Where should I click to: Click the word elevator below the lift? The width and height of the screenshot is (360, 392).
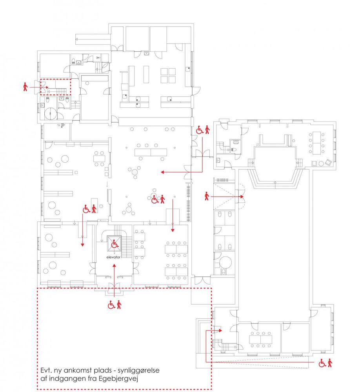pyautogui.click(x=113, y=257)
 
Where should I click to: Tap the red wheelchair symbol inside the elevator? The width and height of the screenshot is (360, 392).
pyautogui.click(x=115, y=244)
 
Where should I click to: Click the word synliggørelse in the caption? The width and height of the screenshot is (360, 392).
pyautogui.click(x=138, y=371)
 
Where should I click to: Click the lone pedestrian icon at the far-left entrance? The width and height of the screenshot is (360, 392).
pyautogui.click(x=25, y=87)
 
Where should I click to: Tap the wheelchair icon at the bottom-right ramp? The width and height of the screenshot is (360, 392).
pyautogui.click(x=322, y=363)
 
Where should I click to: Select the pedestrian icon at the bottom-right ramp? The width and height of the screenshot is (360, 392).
pyautogui.click(x=330, y=363)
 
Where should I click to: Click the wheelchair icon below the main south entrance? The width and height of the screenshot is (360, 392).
pyautogui.click(x=111, y=305)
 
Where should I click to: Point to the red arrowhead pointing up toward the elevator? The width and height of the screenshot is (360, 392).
pyautogui.click(x=115, y=266)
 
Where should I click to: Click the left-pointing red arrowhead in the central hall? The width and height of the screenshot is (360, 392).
pyautogui.click(x=162, y=172)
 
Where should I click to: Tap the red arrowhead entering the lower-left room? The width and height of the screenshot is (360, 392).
pyautogui.click(x=83, y=245)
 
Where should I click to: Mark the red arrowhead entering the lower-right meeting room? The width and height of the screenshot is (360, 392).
pyautogui.click(x=173, y=230)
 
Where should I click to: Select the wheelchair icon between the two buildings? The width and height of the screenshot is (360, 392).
pyautogui.click(x=200, y=130)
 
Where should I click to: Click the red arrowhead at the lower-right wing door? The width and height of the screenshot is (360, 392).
pyautogui.click(x=220, y=330)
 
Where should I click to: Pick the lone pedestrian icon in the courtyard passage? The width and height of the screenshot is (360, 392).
pyautogui.click(x=207, y=196)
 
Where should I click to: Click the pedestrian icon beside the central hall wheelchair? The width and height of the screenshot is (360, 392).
pyautogui.click(x=163, y=199)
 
